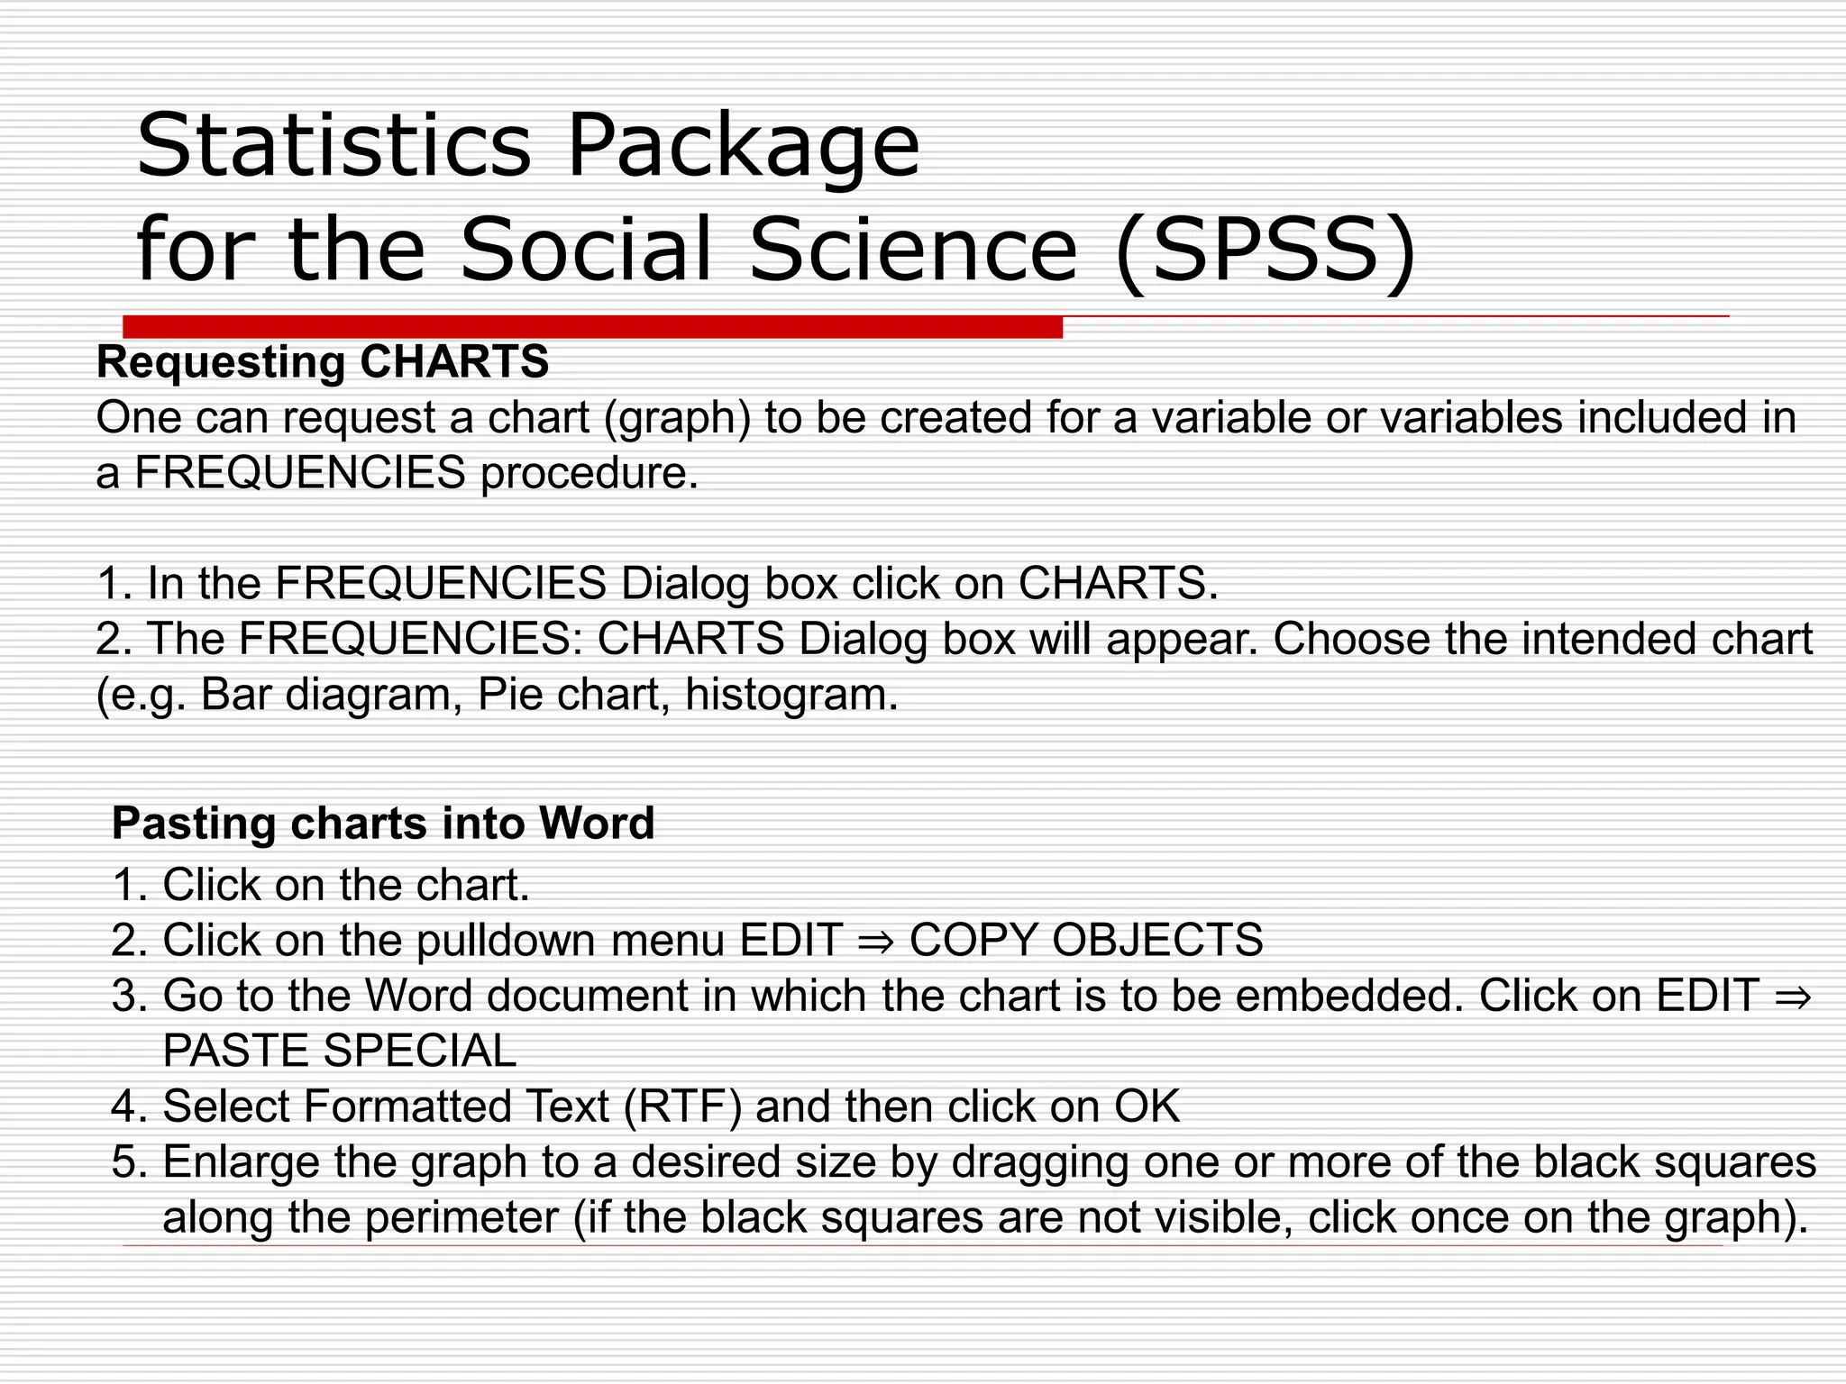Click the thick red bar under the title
point(592,326)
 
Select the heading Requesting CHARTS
point(322,362)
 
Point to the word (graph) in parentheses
point(677,418)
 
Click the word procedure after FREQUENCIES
point(589,473)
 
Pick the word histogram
point(791,695)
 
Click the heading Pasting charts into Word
point(383,824)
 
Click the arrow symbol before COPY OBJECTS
point(875,941)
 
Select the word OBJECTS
point(1157,940)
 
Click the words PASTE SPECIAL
point(340,1051)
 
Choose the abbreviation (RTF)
point(682,1106)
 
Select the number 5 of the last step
point(124,1161)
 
